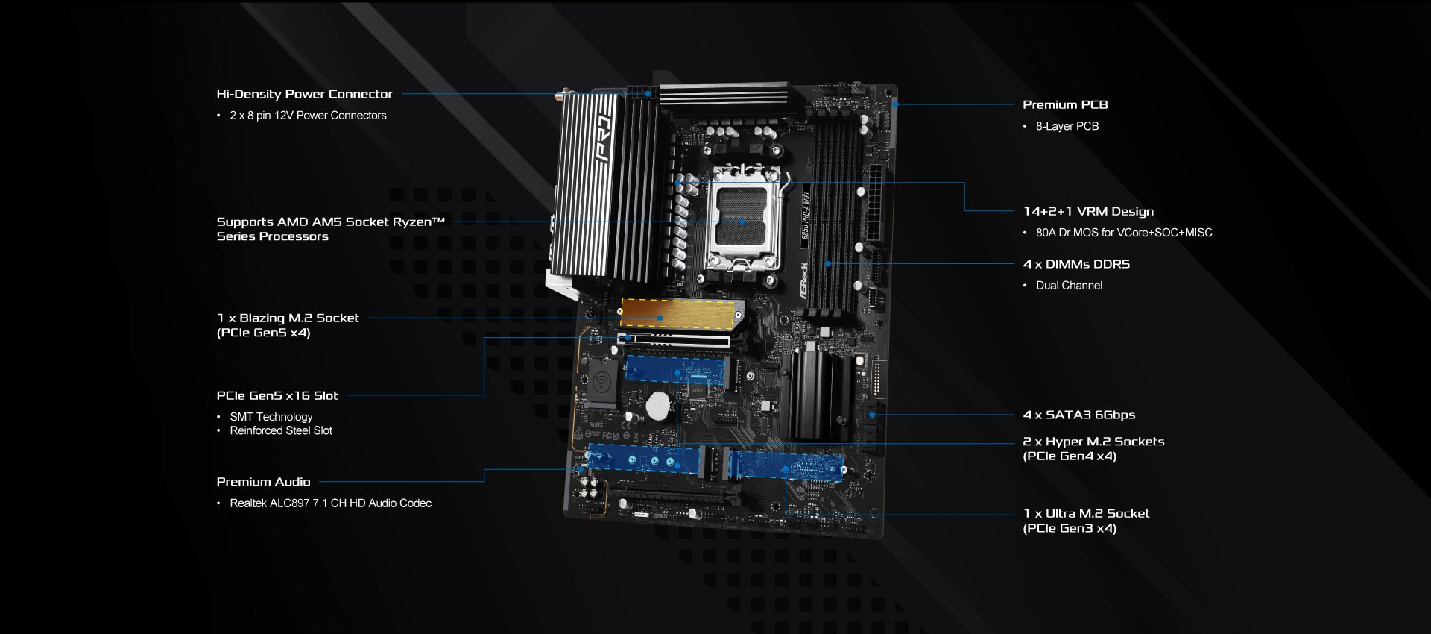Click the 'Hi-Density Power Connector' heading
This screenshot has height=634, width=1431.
[304, 94]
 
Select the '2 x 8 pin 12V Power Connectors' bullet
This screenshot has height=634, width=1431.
[308, 116]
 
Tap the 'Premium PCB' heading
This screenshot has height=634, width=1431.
[1065, 105]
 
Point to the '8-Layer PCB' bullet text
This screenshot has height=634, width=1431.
[1067, 126]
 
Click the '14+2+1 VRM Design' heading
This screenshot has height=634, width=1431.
[1088, 212]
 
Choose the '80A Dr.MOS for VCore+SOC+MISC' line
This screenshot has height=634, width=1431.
[1124, 233]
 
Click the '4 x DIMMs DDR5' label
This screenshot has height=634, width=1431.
[1076, 264]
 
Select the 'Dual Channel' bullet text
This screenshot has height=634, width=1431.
[1069, 286]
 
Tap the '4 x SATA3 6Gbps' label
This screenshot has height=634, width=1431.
[1079, 415]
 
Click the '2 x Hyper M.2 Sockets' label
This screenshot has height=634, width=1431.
[1093, 442]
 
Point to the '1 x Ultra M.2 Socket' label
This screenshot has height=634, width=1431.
[1086, 513]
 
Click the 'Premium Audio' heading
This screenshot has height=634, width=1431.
[263, 482]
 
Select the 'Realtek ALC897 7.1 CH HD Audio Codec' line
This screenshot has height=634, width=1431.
[330, 503]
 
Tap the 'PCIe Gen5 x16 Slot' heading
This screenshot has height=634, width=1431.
[277, 395]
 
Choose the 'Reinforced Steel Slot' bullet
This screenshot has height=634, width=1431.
[281, 430]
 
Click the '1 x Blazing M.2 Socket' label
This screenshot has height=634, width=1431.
[288, 318]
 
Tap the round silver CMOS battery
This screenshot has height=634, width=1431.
[659, 406]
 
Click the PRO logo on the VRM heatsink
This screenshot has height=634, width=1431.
[604, 138]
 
